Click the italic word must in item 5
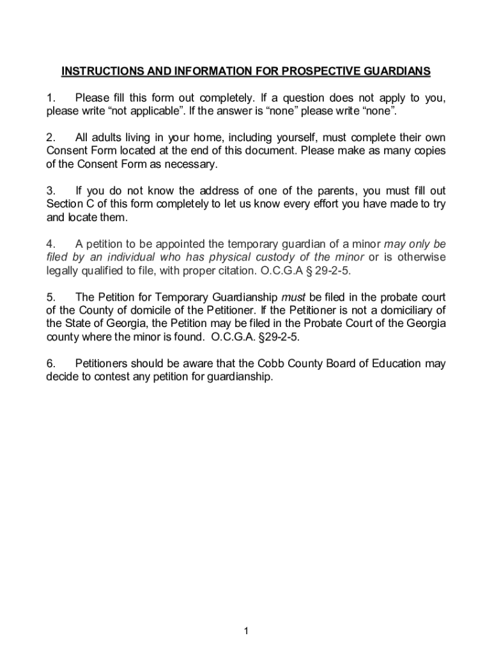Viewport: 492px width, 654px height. click(293, 297)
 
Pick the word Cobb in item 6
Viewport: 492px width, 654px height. click(270, 363)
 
